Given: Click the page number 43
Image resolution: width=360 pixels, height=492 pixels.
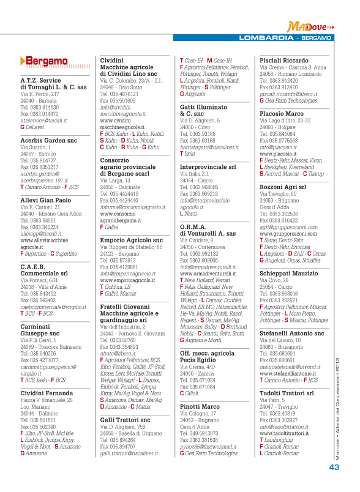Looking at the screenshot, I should coord(334,467).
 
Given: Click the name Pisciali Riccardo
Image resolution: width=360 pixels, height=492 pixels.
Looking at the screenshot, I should coord(284,61).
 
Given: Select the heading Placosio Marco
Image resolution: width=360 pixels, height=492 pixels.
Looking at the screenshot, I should coord(282,114).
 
